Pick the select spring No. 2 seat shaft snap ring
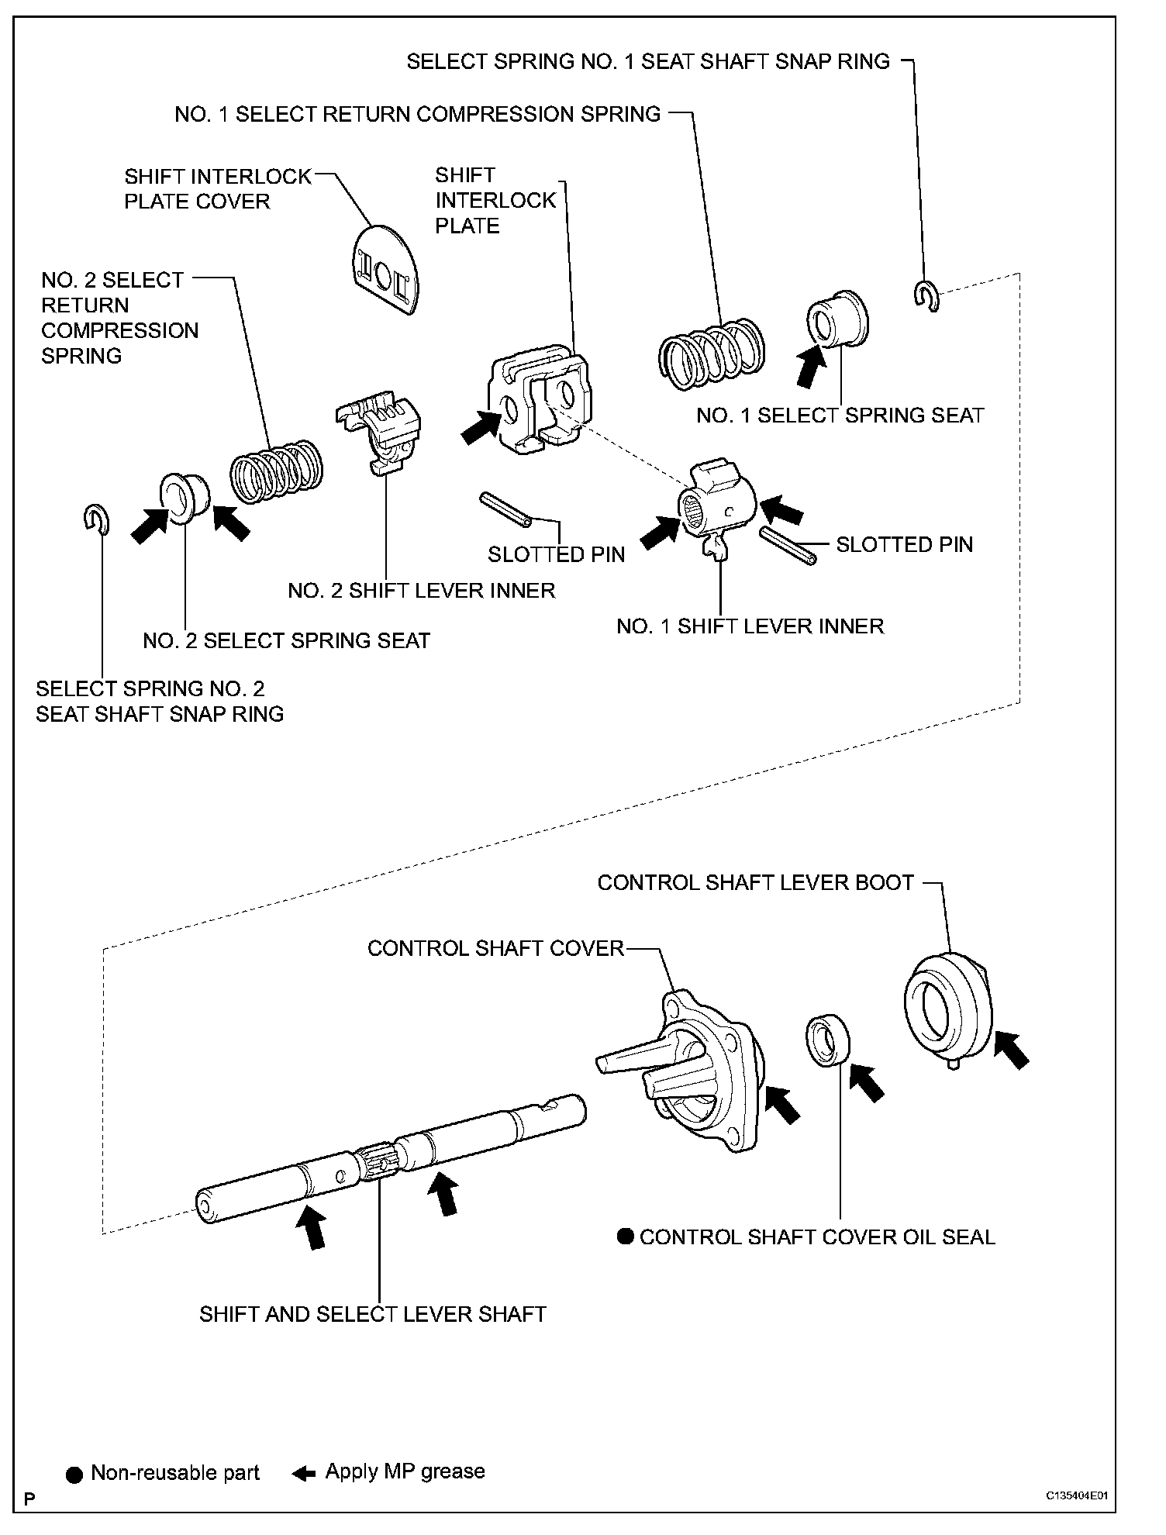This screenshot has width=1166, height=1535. tap(96, 519)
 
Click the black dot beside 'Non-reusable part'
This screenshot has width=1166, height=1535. tap(74, 1473)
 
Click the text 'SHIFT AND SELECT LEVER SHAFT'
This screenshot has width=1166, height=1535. tap(373, 1314)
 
